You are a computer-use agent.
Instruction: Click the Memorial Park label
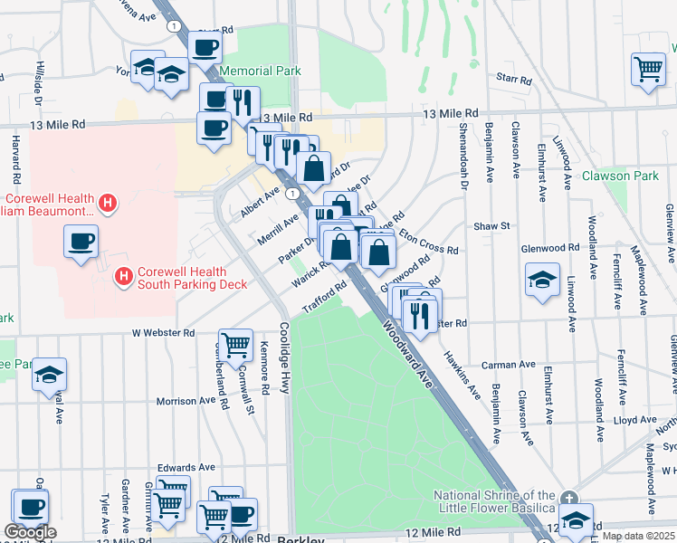click(260, 71)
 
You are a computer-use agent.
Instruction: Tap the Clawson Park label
click(620, 176)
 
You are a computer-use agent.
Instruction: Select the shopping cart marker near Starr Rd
click(649, 69)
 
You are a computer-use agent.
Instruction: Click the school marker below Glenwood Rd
click(541, 278)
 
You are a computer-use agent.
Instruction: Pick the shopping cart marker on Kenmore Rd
click(235, 344)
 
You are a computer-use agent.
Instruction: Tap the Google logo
click(29, 532)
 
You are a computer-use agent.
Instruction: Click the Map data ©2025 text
click(638, 536)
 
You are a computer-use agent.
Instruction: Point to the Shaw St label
click(492, 225)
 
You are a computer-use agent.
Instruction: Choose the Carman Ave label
click(509, 365)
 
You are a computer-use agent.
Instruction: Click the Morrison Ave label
click(186, 401)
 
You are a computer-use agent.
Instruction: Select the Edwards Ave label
click(186, 467)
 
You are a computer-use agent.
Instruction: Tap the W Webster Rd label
click(164, 333)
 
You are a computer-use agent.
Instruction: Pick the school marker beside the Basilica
click(576, 519)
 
